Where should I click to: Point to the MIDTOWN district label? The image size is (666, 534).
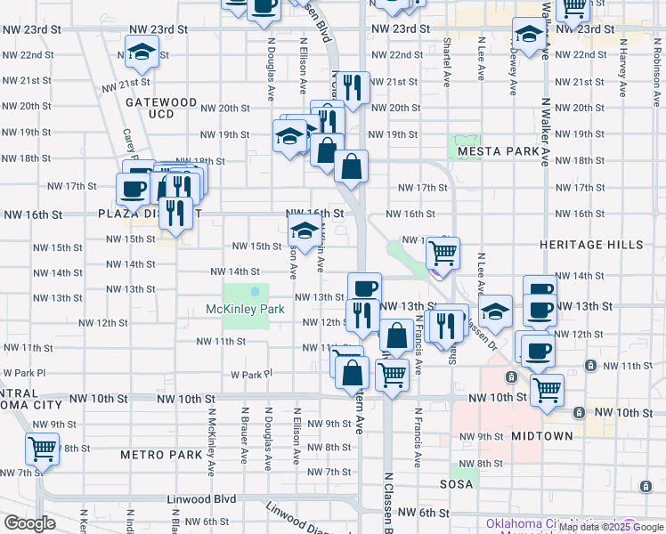point(542,436)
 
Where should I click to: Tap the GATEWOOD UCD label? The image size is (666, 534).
point(160,109)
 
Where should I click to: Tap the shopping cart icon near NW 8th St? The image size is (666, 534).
point(42,448)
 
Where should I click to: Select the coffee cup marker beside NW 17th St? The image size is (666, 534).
point(134,189)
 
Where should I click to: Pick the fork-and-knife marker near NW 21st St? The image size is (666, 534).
point(353,87)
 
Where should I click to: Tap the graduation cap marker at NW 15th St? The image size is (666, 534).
point(305,233)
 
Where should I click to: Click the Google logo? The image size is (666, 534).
point(29,523)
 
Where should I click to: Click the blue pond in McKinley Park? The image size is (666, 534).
point(256,290)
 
